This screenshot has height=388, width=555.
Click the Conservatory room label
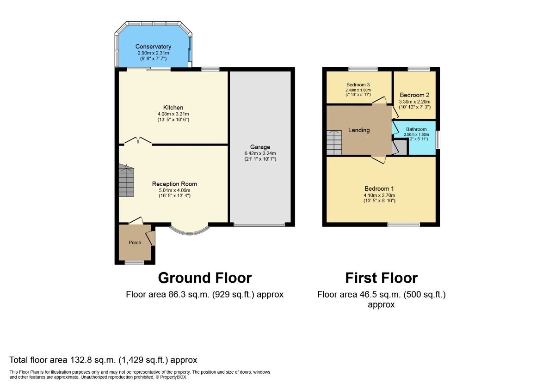(153, 47)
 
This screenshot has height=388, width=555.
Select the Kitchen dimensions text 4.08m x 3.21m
(173, 114)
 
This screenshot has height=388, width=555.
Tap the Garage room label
(260, 147)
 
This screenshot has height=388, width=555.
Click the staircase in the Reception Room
(125, 182)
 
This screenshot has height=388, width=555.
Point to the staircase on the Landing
(334, 142)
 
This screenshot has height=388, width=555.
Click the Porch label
(135, 242)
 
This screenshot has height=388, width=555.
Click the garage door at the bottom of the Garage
(259, 225)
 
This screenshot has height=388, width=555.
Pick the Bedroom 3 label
(358, 85)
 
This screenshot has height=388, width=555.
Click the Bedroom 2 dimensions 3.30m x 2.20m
(415, 102)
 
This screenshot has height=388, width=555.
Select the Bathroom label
(416, 129)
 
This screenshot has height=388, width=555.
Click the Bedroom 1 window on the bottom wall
(404, 225)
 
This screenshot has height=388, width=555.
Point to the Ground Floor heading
(204, 278)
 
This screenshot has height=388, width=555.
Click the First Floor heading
(381, 278)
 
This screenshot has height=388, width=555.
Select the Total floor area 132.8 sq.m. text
(103, 360)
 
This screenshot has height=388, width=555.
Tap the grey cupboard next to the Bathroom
(399, 147)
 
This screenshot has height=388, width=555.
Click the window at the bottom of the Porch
(134, 263)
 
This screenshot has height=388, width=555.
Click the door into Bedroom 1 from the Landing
(378, 159)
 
